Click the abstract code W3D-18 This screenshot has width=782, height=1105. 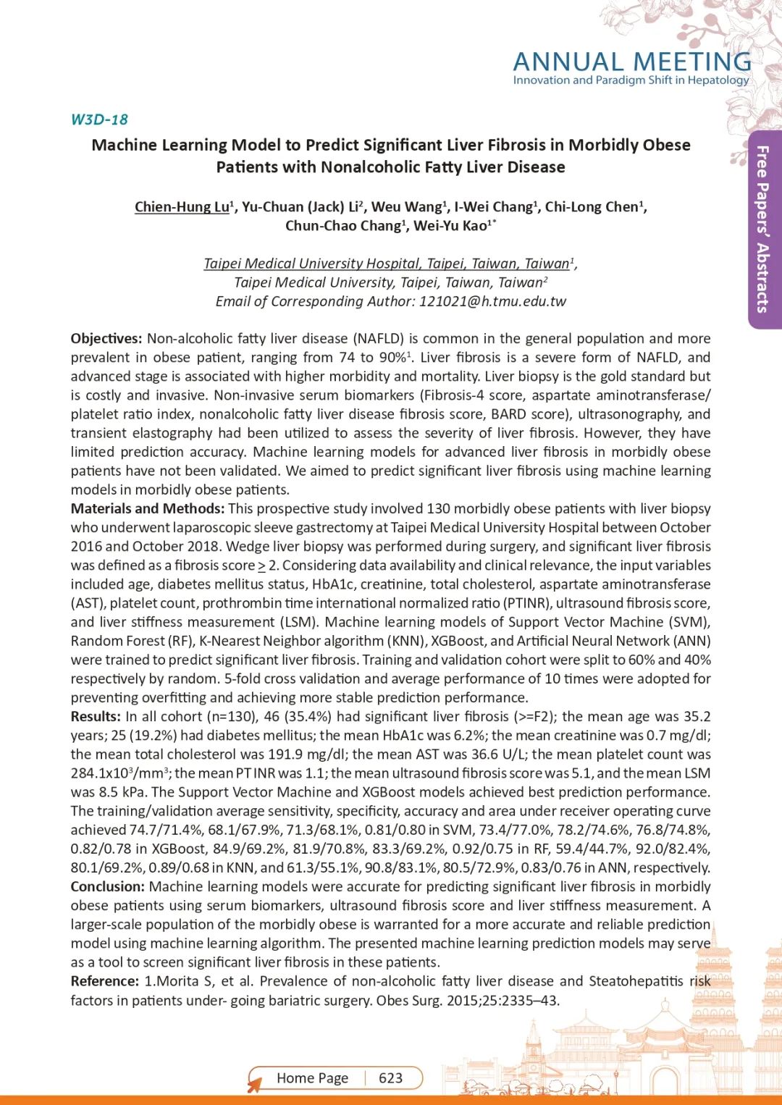pos(99,119)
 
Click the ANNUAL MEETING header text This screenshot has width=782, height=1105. pos(631,62)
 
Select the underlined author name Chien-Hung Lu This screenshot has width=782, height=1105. pos(182,207)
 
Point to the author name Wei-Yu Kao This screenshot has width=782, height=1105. pos(450,226)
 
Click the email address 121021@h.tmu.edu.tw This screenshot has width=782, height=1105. pos(492,301)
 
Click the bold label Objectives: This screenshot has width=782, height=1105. pos(106,339)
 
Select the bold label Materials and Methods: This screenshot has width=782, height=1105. pos(148,509)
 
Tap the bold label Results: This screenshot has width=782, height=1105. pos(96,717)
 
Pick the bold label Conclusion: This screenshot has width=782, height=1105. pos(107,887)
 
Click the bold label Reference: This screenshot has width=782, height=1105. pos(105,981)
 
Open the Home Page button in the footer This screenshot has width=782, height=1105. pos(312,1078)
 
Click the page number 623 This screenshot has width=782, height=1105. pos(390,1078)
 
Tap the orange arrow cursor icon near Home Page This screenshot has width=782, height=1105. pos(254,1085)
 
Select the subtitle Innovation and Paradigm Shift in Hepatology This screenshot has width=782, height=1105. pos(631,80)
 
